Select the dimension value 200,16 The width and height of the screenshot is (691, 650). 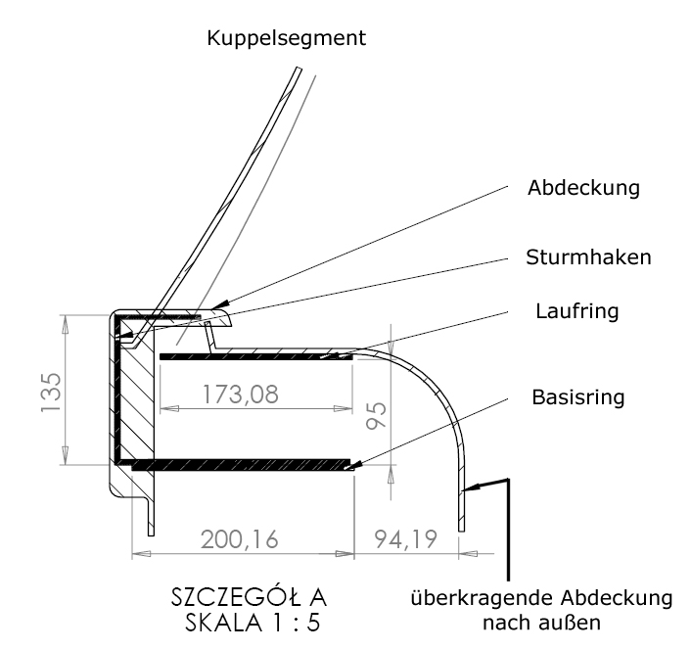click(x=241, y=536)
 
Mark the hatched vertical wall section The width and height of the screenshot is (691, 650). click(x=135, y=392)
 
